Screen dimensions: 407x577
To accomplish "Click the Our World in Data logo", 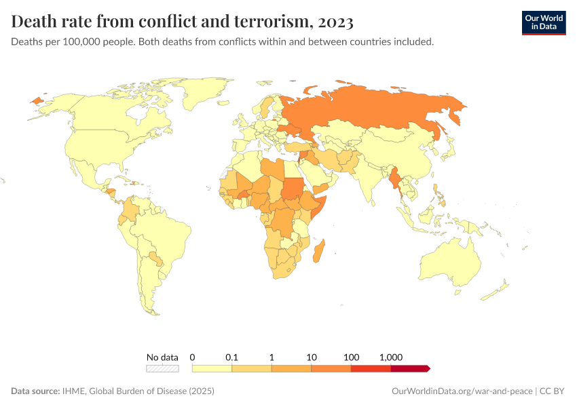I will pos(543,22).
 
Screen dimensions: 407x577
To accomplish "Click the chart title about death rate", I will pos(182,22).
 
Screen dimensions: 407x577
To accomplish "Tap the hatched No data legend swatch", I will pos(162,368).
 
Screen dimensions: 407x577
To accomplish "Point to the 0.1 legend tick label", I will pos(231,357).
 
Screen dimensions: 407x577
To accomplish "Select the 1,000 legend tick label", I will pos(391,357).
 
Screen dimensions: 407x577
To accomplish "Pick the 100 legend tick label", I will pos(351,357).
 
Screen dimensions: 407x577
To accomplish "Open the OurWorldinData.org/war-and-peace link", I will pos(462,391).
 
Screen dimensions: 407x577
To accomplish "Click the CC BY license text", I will pos(553,391).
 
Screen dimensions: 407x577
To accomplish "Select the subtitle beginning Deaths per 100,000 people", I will pos(223,42).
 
